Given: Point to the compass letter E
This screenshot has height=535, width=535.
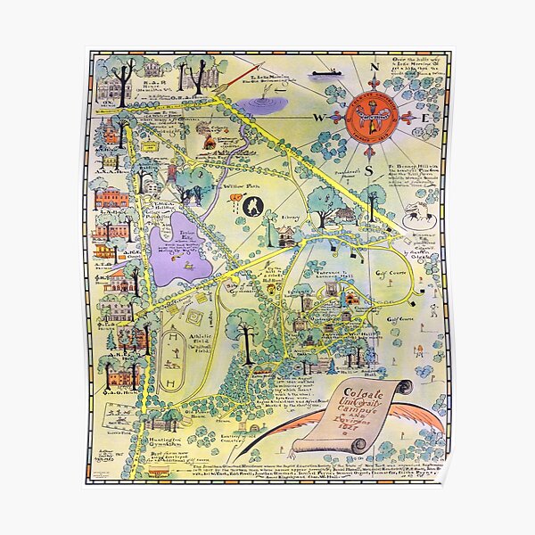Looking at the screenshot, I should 426,118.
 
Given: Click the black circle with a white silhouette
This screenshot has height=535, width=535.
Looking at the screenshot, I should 251,206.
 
